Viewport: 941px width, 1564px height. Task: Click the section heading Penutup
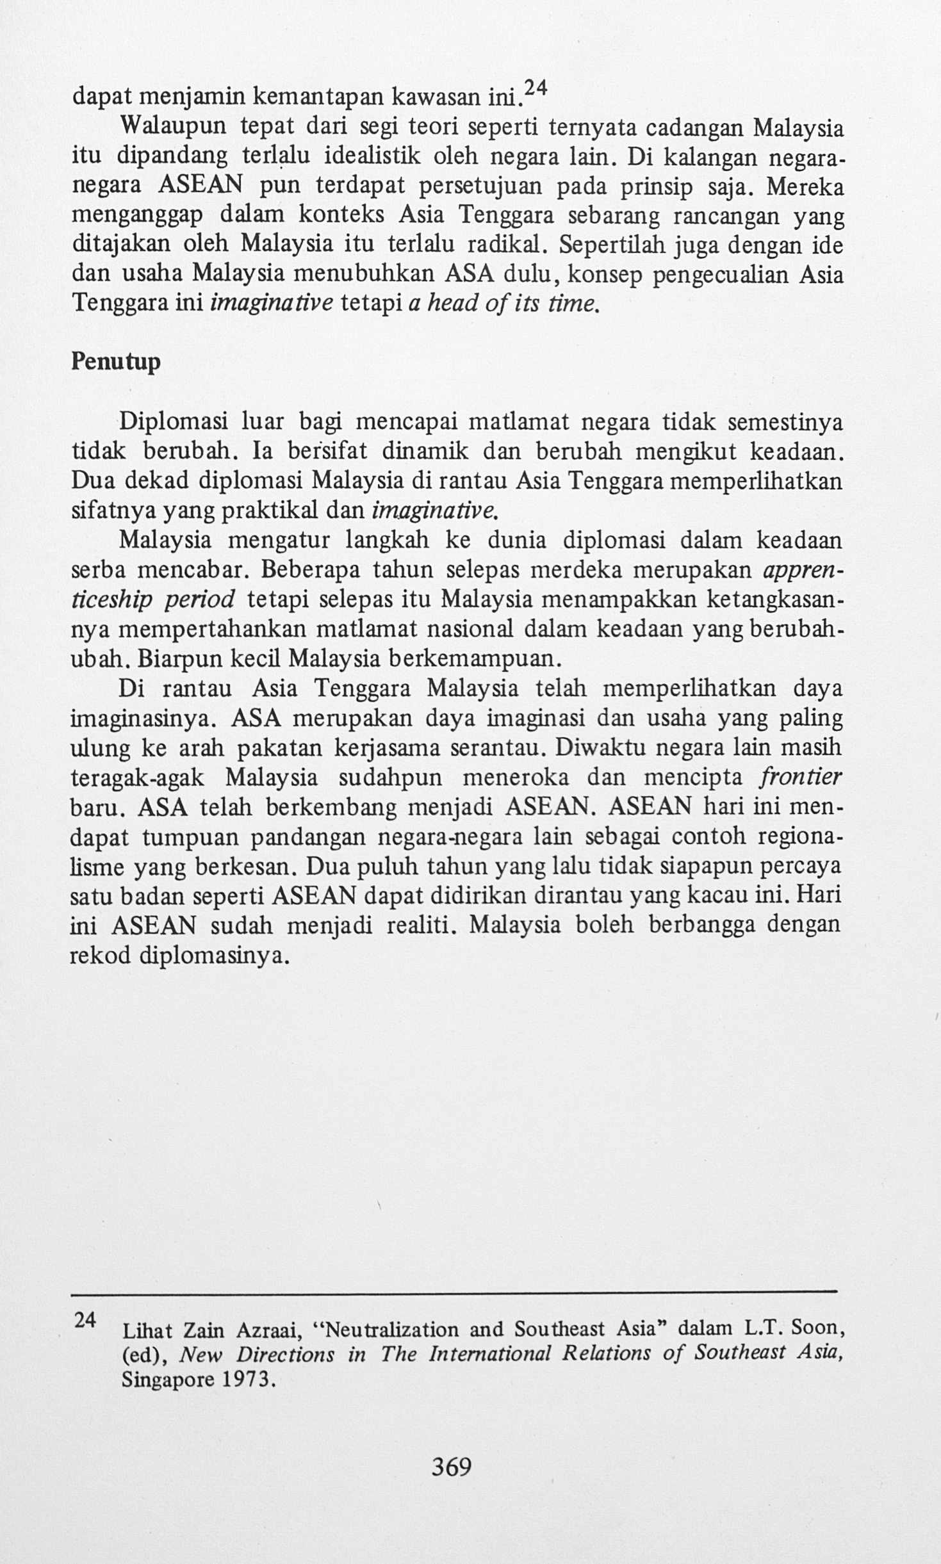[x=115, y=362]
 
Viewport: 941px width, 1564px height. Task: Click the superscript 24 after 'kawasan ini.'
[x=531, y=90]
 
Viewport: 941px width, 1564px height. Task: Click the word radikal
[x=507, y=245]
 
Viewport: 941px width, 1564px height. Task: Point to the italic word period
[x=200, y=599]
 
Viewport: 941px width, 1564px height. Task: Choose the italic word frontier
[x=801, y=778]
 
